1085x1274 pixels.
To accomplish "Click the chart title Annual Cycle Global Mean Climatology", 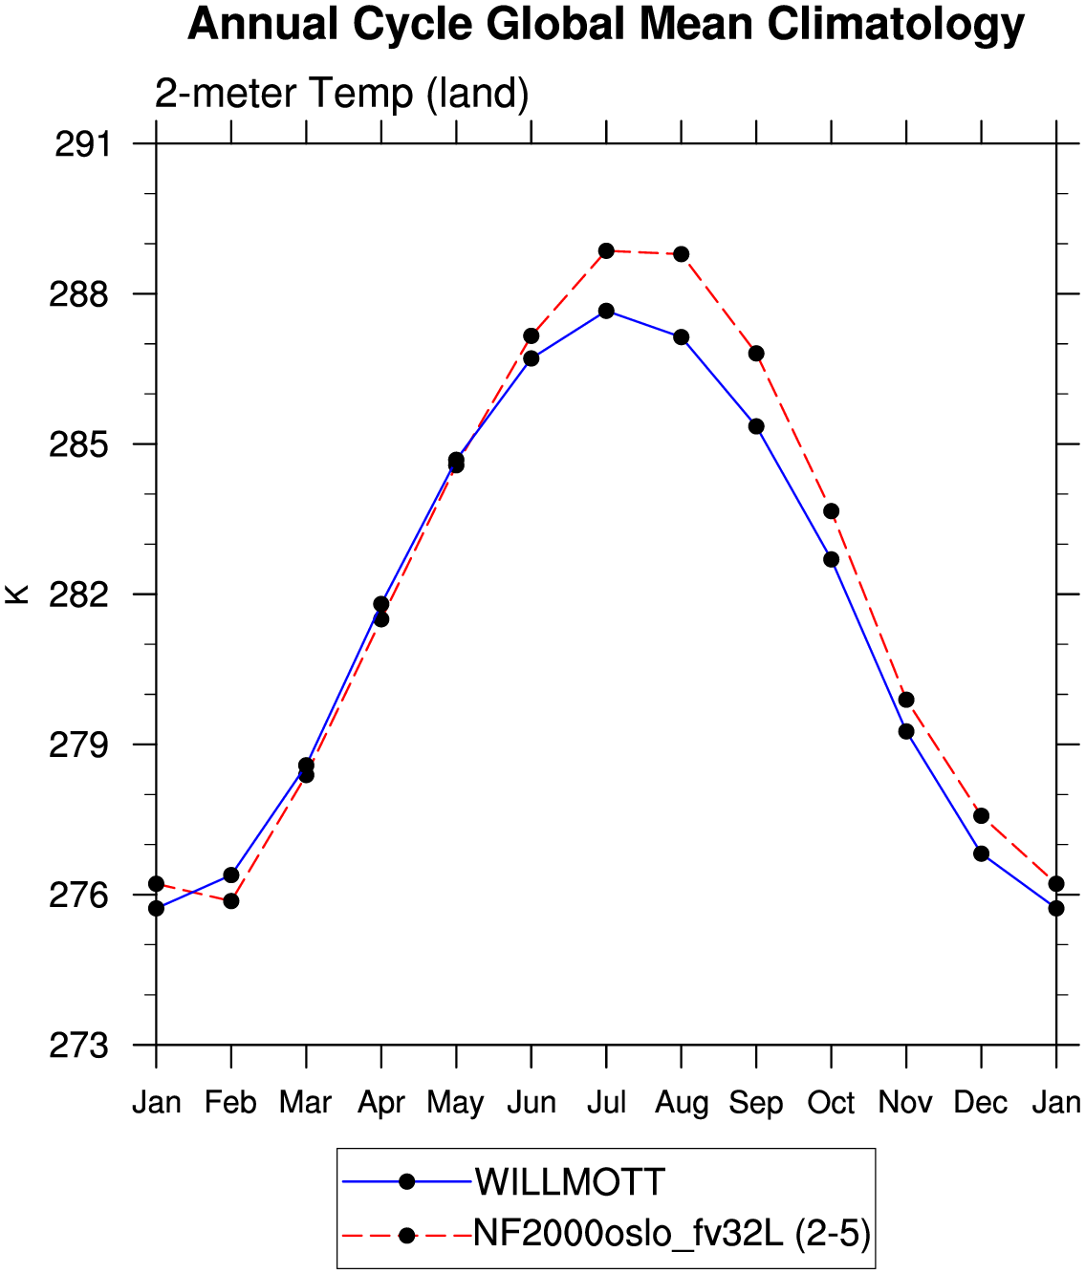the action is point(605,25).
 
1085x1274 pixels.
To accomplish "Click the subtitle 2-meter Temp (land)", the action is point(341,93).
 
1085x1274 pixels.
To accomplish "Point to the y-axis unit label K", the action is point(16,594).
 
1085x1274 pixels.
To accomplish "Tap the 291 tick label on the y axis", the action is point(82,145).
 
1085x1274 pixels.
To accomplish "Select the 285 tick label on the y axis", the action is point(79,445).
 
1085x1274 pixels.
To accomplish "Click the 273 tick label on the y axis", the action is point(79,1046).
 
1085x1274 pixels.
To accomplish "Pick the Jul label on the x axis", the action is point(607,1103).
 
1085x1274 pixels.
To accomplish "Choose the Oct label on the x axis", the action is point(831,1103).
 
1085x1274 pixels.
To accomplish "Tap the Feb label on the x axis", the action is point(230,1103).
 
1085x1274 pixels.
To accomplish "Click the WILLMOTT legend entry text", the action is point(571,1181).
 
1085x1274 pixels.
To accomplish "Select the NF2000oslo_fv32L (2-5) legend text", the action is point(672,1235).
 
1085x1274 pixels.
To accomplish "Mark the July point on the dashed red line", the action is point(607,250).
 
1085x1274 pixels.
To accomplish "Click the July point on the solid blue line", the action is point(607,311).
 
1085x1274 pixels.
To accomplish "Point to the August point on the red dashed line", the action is point(682,254).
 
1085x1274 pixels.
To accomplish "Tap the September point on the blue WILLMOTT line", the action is point(756,426).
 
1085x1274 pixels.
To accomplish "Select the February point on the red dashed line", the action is point(231,901).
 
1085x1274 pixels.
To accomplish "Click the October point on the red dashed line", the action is point(832,511).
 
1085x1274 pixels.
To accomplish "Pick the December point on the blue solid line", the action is point(982,853).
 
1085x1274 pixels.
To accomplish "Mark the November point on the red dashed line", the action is point(906,700).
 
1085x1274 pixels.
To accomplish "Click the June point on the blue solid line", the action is point(532,358).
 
